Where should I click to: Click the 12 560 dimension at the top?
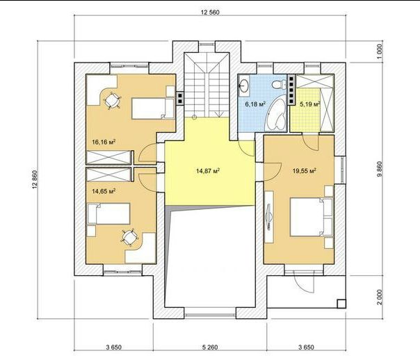(x=210, y=13)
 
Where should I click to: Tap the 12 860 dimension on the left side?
(x=34, y=179)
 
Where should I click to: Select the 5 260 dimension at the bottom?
(x=210, y=347)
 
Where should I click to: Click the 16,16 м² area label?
(x=104, y=142)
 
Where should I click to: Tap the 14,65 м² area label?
(x=104, y=191)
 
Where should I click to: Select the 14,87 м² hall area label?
(x=208, y=170)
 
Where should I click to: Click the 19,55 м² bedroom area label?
(x=305, y=170)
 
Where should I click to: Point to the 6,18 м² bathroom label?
(x=255, y=104)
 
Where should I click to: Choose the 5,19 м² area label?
(x=310, y=104)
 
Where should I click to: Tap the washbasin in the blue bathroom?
(x=244, y=85)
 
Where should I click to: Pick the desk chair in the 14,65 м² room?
(x=129, y=237)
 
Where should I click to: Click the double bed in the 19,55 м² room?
(x=312, y=217)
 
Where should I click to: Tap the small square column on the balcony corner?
(x=341, y=304)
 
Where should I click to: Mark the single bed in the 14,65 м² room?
(x=108, y=213)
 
